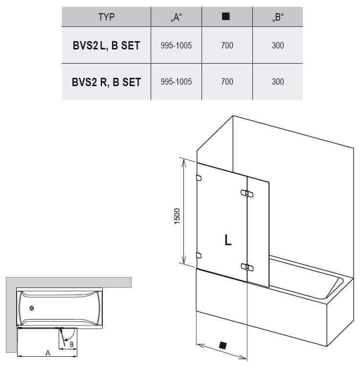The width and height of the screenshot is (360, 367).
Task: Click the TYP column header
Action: coord(106,17)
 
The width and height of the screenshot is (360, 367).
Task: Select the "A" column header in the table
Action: coord(176,17)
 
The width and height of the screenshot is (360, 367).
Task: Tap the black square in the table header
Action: coord(225,16)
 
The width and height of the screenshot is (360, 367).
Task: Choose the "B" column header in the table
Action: coord(278,17)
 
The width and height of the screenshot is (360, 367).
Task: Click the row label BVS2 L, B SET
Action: coord(106,46)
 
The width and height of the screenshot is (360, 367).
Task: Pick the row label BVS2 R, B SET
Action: coord(106,82)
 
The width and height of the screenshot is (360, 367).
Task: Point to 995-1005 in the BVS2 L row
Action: coord(176,46)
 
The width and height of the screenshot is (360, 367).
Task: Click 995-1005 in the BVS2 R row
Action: coord(176,82)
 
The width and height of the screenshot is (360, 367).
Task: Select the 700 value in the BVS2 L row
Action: coord(227,46)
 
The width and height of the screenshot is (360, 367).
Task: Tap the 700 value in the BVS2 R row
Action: coord(227,82)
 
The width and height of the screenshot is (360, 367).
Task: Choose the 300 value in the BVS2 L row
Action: coord(278,46)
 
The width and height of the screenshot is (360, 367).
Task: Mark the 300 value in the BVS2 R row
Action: coord(278,82)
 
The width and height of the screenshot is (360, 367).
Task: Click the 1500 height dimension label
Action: coord(177,216)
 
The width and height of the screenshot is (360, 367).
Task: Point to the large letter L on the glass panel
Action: coord(228,240)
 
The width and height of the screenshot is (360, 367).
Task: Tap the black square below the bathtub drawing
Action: coord(223,345)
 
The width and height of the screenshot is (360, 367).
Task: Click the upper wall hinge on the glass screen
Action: coord(199,178)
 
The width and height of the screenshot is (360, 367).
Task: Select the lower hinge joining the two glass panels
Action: coord(247,267)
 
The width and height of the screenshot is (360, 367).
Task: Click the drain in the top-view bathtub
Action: coord(32,308)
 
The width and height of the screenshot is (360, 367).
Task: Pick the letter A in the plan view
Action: coord(48,353)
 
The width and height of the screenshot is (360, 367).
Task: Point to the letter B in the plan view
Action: coord(71,344)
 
